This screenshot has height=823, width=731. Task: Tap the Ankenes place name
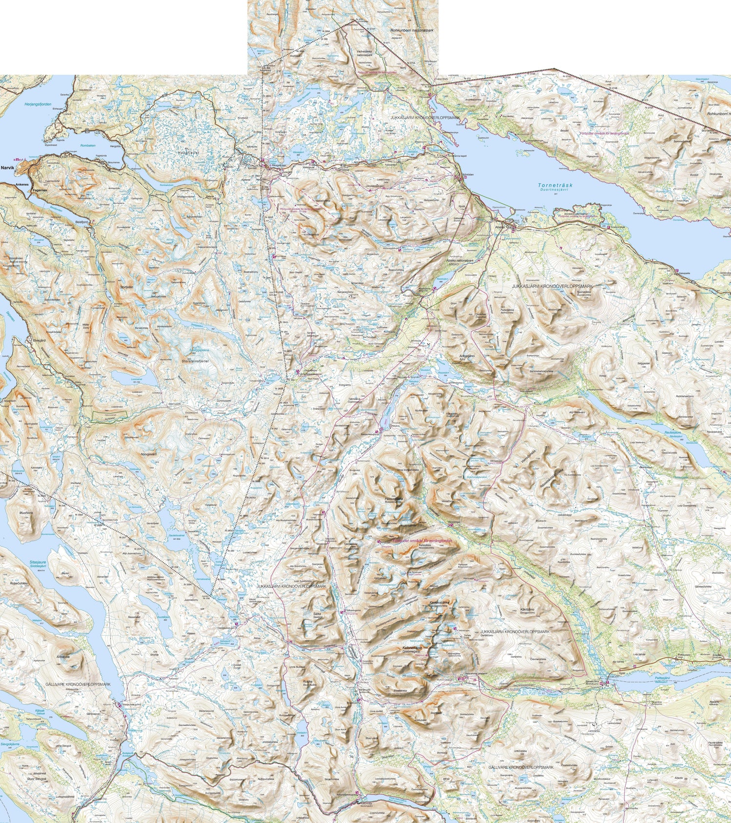coord(23,185)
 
